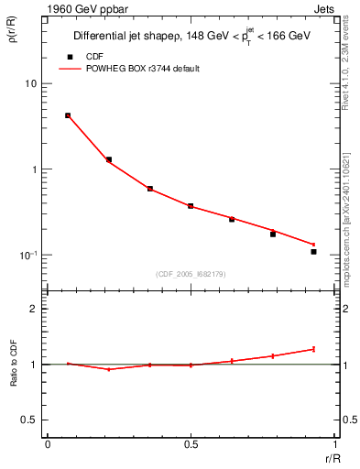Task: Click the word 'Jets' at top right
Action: (x=326, y=9)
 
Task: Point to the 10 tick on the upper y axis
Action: (x=32, y=84)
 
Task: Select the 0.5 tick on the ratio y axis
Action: (x=30, y=420)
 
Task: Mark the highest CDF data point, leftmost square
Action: (x=68, y=115)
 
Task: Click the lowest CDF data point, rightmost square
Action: (x=313, y=251)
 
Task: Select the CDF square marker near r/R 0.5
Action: (x=191, y=206)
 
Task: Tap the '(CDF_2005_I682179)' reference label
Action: (x=191, y=272)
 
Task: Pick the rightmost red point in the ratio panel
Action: (x=313, y=349)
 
